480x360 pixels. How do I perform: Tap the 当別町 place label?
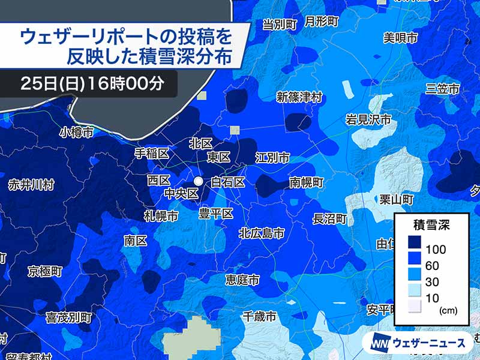click(x=280, y=25)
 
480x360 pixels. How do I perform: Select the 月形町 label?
click(x=322, y=22)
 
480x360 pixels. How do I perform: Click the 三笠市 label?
click(x=442, y=89)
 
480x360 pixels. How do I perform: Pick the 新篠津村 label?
click(x=299, y=97)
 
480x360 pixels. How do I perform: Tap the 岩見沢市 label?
click(x=368, y=119)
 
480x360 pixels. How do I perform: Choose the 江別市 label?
click(x=272, y=157)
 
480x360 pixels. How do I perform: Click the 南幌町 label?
click(x=306, y=181)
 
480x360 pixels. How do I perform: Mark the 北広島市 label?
click(x=262, y=233)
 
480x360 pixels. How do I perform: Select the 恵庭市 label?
click(x=242, y=280)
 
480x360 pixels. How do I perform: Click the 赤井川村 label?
click(x=31, y=185)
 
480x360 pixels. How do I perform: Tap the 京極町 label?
click(x=44, y=271)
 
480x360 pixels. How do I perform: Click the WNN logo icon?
click(x=380, y=343)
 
